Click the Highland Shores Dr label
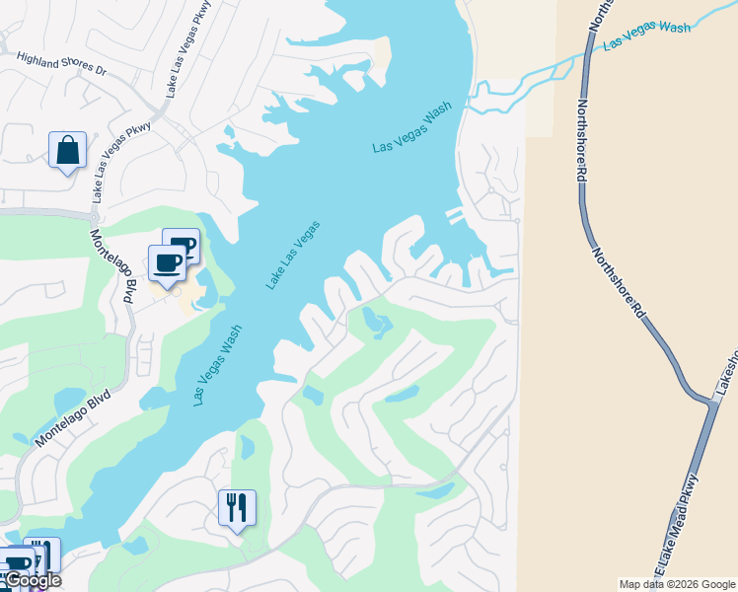tap(60, 64)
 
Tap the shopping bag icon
tap(67, 151)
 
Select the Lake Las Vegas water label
tap(292, 255)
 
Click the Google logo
tap(32, 580)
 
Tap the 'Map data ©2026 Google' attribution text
tap(676, 584)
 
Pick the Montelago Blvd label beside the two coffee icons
tap(113, 266)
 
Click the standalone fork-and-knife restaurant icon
tap(237, 508)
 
